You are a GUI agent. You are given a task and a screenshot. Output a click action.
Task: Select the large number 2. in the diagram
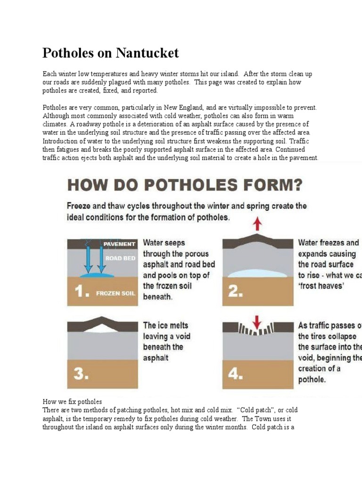[235, 291]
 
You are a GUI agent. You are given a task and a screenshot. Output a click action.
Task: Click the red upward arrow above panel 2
[257, 223]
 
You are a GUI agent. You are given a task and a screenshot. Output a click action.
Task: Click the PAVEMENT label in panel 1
[119, 244]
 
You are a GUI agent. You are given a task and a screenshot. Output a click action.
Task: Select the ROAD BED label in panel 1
[121, 258]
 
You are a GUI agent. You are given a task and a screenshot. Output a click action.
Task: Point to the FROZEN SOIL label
[115, 293]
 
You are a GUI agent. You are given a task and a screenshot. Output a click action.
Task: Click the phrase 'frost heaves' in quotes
[322, 286]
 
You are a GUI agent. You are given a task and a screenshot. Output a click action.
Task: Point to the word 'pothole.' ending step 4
[312, 379]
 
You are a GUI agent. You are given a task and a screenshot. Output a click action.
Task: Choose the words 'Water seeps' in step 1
[164, 243]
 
